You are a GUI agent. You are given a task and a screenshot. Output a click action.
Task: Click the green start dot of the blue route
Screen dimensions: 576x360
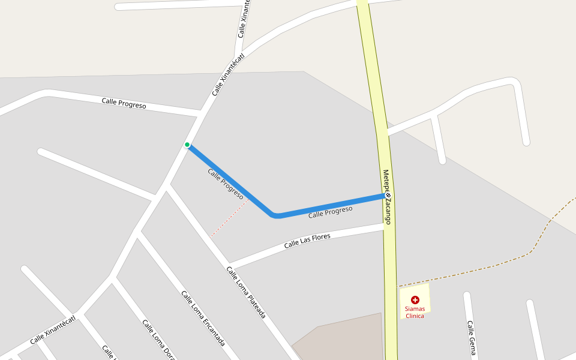click(187, 145)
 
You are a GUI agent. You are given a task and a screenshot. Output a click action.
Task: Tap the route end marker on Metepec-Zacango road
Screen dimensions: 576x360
click(388, 195)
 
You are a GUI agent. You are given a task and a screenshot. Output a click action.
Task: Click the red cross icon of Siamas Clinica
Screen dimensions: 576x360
click(415, 299)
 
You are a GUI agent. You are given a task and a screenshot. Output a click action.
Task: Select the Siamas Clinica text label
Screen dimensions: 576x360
click(415, 312)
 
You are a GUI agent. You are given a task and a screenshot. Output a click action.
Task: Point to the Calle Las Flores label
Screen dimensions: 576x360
click(307, 241)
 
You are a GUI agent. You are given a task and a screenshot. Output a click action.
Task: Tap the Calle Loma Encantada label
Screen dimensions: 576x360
click(203, 318)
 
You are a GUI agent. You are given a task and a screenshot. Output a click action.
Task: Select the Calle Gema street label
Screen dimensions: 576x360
click(471, 338)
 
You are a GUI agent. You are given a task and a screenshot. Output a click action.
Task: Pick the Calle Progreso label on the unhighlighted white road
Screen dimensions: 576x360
click(124, 103)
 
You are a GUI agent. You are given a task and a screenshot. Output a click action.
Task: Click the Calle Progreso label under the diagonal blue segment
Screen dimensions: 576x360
click(225, 183)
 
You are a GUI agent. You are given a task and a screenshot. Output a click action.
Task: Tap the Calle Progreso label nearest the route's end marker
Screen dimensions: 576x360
click(330, 212)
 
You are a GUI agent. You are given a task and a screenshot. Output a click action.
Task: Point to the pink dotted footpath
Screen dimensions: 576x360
click(229, 218)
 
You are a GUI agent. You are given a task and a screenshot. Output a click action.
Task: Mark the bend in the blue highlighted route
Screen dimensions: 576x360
click(275, 215)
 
